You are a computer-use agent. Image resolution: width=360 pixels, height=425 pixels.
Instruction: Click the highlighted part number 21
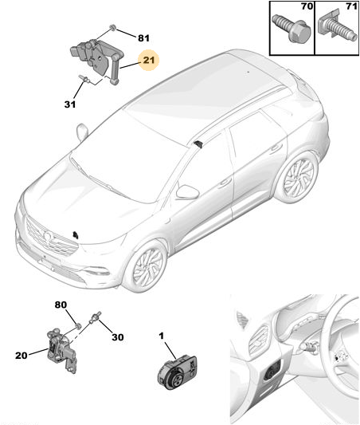[x=149, y=60]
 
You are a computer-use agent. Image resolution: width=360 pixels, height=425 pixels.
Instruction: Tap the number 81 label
[x=143, y=38]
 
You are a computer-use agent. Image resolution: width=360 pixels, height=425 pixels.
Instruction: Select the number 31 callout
[x=70, y=104]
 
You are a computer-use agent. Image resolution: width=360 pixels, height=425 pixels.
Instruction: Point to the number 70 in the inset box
[x=307, y=6]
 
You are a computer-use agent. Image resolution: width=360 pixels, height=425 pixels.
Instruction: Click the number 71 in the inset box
[x=351, y=6]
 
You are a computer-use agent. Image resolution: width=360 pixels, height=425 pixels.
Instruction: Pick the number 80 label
[x=61, y=305]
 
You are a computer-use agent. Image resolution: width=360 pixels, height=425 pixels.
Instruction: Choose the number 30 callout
[x=118, y=337]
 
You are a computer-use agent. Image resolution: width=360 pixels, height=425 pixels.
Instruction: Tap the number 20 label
[x=22, y=356]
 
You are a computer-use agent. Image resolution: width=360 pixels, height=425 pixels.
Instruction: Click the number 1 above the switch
[x=162, y=336]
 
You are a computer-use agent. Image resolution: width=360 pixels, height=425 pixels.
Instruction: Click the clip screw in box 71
[x=336, y=26]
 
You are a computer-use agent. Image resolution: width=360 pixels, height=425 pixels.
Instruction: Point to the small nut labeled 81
[x=112, y=27]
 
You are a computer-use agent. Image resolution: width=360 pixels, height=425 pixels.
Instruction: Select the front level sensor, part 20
[x=61, y=351]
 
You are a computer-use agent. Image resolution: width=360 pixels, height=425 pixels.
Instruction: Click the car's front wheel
[x=147, y=266]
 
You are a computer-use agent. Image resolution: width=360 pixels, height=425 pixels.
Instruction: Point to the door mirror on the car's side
[x=187, y=192]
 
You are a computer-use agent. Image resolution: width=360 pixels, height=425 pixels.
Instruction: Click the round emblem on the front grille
[x=48, y=235]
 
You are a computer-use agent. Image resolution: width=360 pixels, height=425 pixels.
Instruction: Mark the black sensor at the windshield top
[x=199, y=144]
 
